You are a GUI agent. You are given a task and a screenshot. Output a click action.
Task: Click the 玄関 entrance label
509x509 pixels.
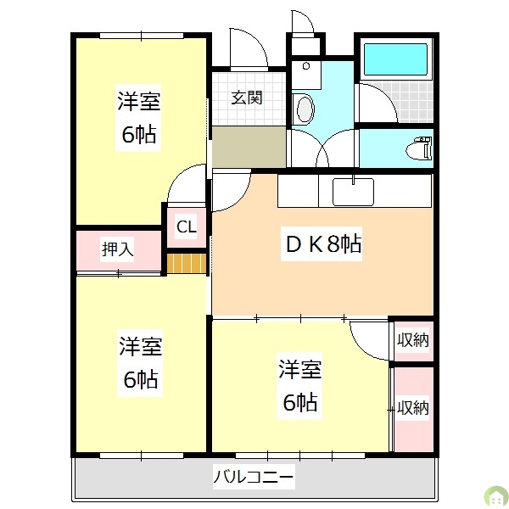(247, 98)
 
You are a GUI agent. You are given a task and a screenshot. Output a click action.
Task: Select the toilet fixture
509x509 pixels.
(417, 148)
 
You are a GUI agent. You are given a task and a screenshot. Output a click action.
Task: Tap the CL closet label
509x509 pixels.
(187, 227)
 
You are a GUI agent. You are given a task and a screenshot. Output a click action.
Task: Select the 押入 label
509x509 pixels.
(117, 249)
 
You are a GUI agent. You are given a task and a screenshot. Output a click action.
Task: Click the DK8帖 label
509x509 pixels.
(322, 245)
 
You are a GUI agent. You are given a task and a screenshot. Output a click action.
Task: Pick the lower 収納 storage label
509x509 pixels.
(413, 407)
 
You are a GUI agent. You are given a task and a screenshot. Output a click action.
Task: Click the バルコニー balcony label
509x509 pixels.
(253, 479)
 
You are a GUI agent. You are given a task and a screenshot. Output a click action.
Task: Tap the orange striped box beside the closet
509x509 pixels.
(187, 263)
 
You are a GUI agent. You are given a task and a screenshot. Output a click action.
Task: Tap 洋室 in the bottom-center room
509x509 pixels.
(300, 370)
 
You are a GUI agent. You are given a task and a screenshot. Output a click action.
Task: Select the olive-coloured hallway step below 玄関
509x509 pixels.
(249, 147)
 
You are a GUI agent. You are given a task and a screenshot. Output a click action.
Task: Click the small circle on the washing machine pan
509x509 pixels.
(305, 65)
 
